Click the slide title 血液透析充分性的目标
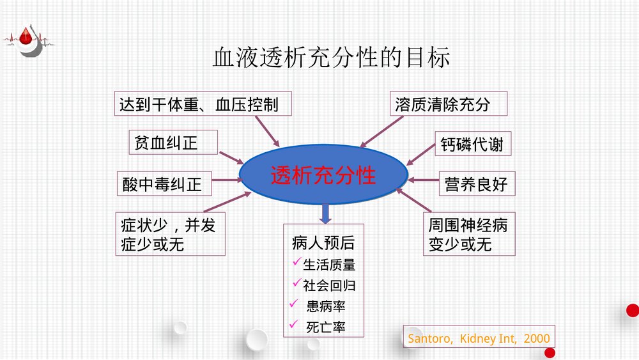tap(331, 58)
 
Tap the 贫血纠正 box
tap(166, 143)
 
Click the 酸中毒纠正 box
tap(162, 184)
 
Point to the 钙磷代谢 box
tap(472, 145)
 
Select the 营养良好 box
tap(476, 184)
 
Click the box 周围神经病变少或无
tap(468, 235)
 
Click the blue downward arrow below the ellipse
tap(325, 213)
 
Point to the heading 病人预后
tap(323, 244)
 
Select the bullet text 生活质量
tap(329, 265)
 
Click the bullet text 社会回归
tap(329, 285)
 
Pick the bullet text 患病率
tap(326, 306)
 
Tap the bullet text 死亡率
tap(326, 327)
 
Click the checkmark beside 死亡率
tap(295, 325)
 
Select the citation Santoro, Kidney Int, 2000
tap(478, 338)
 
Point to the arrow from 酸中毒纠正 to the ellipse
tap(223, 180)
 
